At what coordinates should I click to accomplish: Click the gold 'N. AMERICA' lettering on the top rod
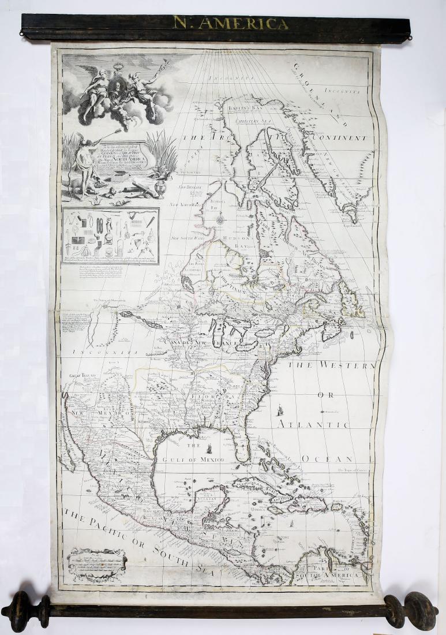(230, 23)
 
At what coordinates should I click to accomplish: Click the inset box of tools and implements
(110, 236)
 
